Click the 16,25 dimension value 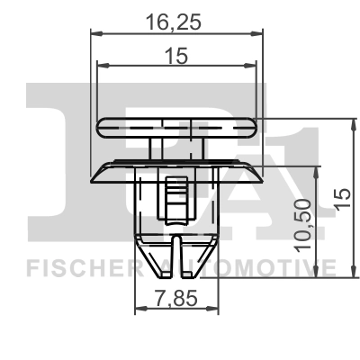173,22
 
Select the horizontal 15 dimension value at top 176,56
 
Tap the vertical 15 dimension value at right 343,198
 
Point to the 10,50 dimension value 302,225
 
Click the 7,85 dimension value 176,299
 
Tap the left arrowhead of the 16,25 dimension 96,33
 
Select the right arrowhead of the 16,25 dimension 256,33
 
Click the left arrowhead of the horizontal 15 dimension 103,66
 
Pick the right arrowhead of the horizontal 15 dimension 250,66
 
